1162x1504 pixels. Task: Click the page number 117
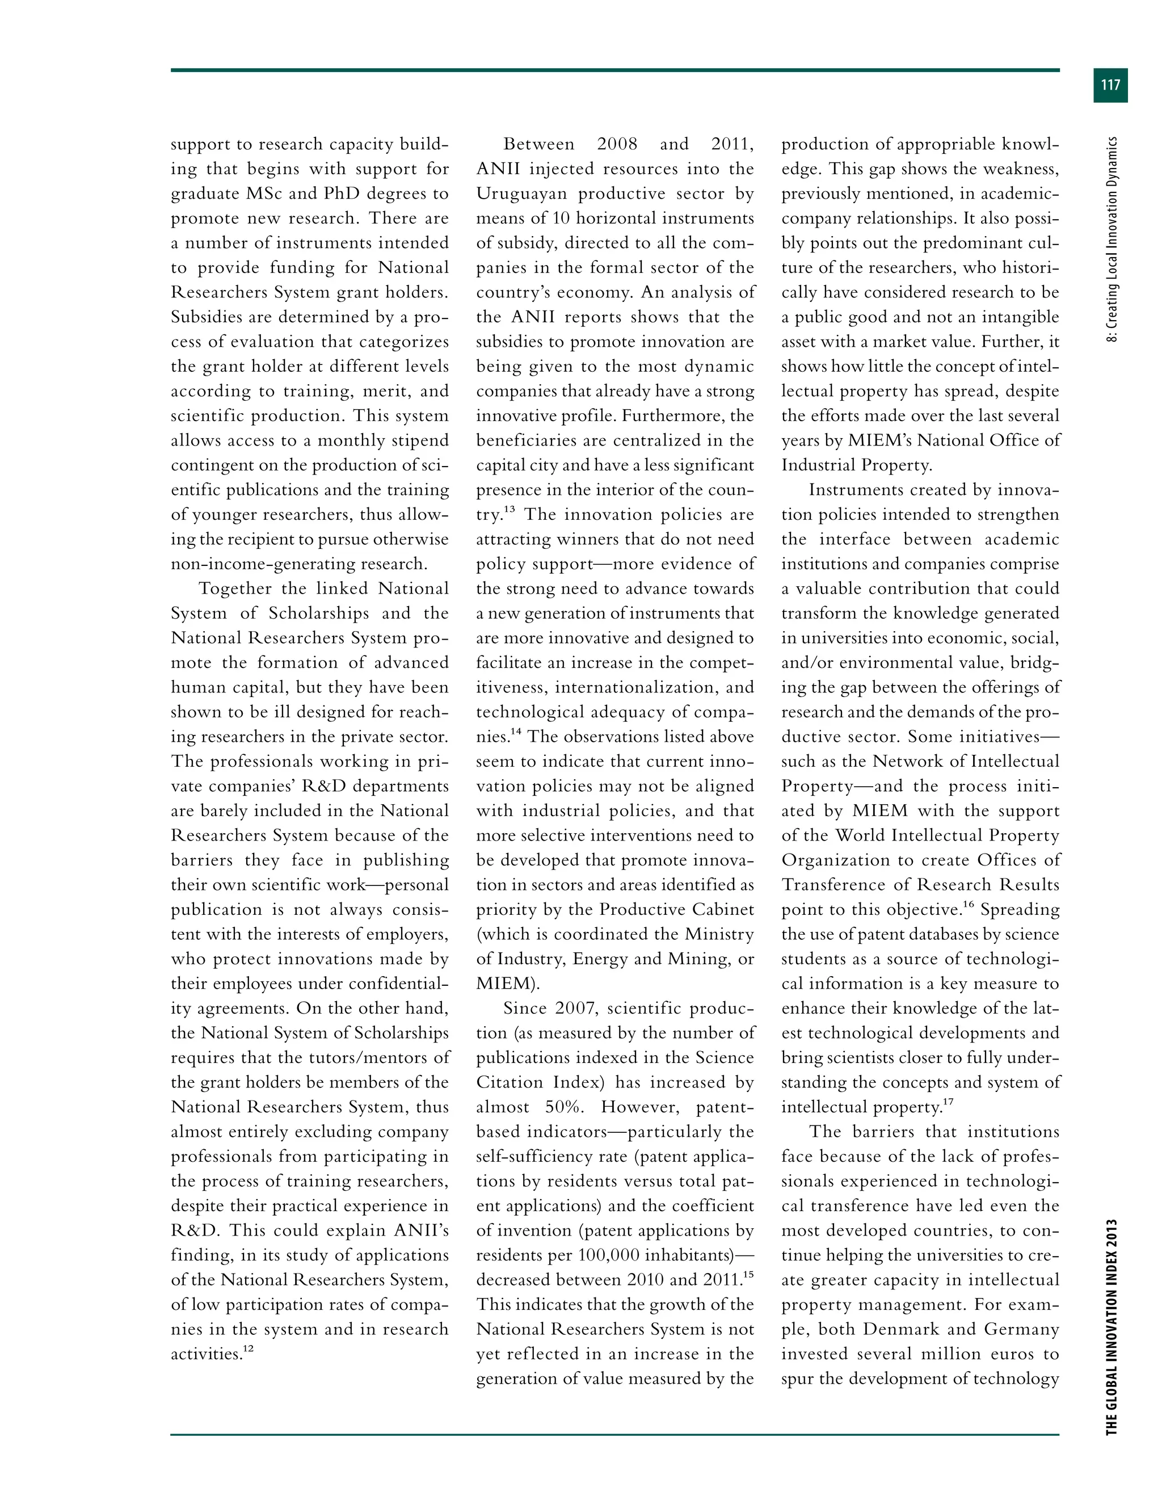pos(1110,85)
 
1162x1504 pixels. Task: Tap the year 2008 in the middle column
pos(617,145)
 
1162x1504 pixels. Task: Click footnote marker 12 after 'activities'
pos(249,1349)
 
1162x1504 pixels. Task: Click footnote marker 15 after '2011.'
pos(748,1275)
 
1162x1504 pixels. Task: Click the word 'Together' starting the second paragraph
pos(233,589)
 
